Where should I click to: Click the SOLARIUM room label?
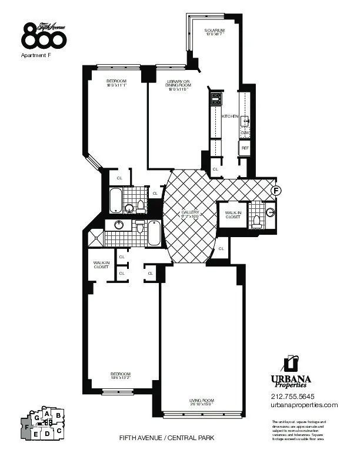click(215, 32)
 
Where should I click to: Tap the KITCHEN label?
click(230, 117)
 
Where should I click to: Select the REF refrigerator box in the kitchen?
click(245, 148)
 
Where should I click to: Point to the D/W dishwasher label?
click(245, 133)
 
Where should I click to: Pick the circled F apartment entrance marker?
click(276, 190)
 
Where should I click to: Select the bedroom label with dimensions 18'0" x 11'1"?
click(116, 83)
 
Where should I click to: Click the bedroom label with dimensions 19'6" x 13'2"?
click(121, 375)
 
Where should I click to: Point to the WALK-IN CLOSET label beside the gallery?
click(232, 215)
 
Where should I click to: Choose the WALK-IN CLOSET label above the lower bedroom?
click(101, 265)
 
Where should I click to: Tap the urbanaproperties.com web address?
click(304, 405)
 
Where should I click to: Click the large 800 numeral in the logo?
click(44, 36)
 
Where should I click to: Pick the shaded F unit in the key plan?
click(26, 428)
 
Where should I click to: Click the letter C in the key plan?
click(59, 431)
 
